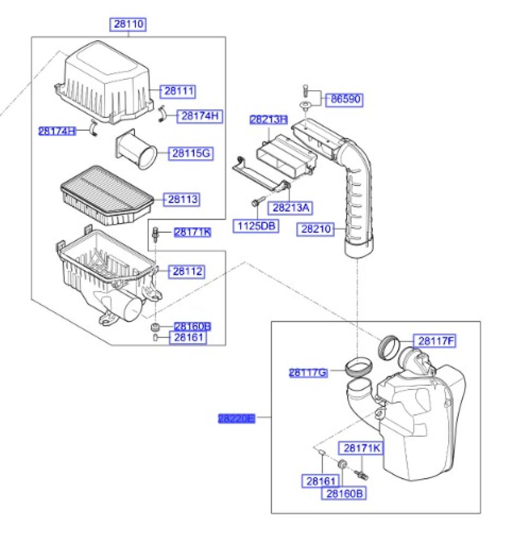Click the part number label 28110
click(x=129, y=24)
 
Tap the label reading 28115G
click(x=190, y=154)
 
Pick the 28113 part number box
click(x=183, y=200)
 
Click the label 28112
click(x=188, y=271)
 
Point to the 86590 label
click(x=344, y=100)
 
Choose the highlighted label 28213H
click(x=268, y=120)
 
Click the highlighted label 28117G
click(x=308, y=373)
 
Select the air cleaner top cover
click(x=106, y=82)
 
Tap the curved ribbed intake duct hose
click(x=356, y=201)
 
